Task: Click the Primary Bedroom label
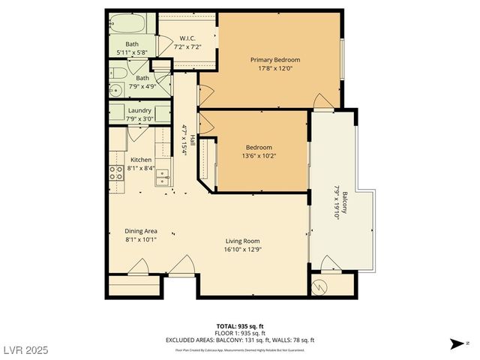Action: pyautogui.click(x=275, y=60)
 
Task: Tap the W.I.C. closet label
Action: pyautogui.click(x=187, y=40)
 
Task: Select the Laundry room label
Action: pyautogui.click(x=139, y=110)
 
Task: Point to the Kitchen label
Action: pyautogui.click(x=141, y=160)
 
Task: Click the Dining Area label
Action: pyautogui.click(x=140, y=231)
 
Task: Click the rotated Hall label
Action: pyautogui.click(x=192, y=139)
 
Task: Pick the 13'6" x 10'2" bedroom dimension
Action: pyautogui.click(x=259, y=156)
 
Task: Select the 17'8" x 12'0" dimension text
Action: pyautogui.click(x=275, y=68)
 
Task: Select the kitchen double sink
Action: pyautogui.click(x=163, y=177)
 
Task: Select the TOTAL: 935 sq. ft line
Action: pyautogui.click(x=240, y=326)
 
